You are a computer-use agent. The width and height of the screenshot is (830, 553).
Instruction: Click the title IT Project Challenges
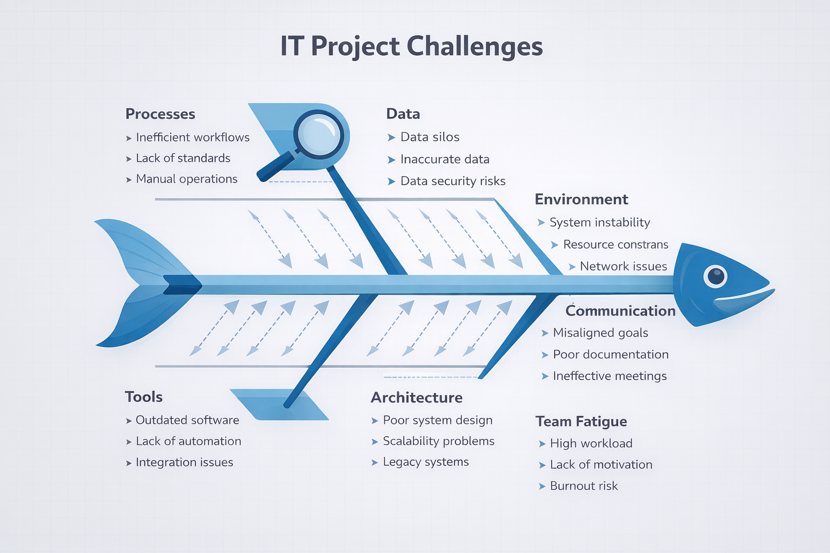coord(411,46)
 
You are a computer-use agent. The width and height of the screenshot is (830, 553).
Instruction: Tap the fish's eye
coord(715,276)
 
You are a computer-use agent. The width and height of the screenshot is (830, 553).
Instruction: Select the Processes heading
coord(160,114)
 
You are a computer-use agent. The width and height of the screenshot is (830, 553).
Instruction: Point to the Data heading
coord(403,114)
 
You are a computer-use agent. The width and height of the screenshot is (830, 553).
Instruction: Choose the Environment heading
coord(581,199)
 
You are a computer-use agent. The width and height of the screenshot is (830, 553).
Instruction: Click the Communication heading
coord(621,311)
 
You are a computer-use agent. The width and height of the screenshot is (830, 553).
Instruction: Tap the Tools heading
coord(144,397)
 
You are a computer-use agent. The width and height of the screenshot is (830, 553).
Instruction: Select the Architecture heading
coord(417,397)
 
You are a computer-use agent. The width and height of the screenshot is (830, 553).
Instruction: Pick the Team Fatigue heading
coord(581,422)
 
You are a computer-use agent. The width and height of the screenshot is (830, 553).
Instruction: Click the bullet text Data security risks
coord(453,181)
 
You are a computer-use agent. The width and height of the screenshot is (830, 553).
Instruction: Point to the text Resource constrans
coord(616,245)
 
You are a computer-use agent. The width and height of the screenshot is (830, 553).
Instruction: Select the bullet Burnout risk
coord(584,485)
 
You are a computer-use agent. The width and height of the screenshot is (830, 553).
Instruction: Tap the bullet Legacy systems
coord(426,462)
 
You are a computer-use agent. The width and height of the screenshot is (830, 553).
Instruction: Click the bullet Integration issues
coord(184,462)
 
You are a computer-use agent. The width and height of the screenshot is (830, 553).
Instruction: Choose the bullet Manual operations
coord(186,179)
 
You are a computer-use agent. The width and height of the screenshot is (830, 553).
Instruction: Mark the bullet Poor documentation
coord(611,354)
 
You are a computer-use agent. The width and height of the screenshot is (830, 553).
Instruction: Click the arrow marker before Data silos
coord(391,138)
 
